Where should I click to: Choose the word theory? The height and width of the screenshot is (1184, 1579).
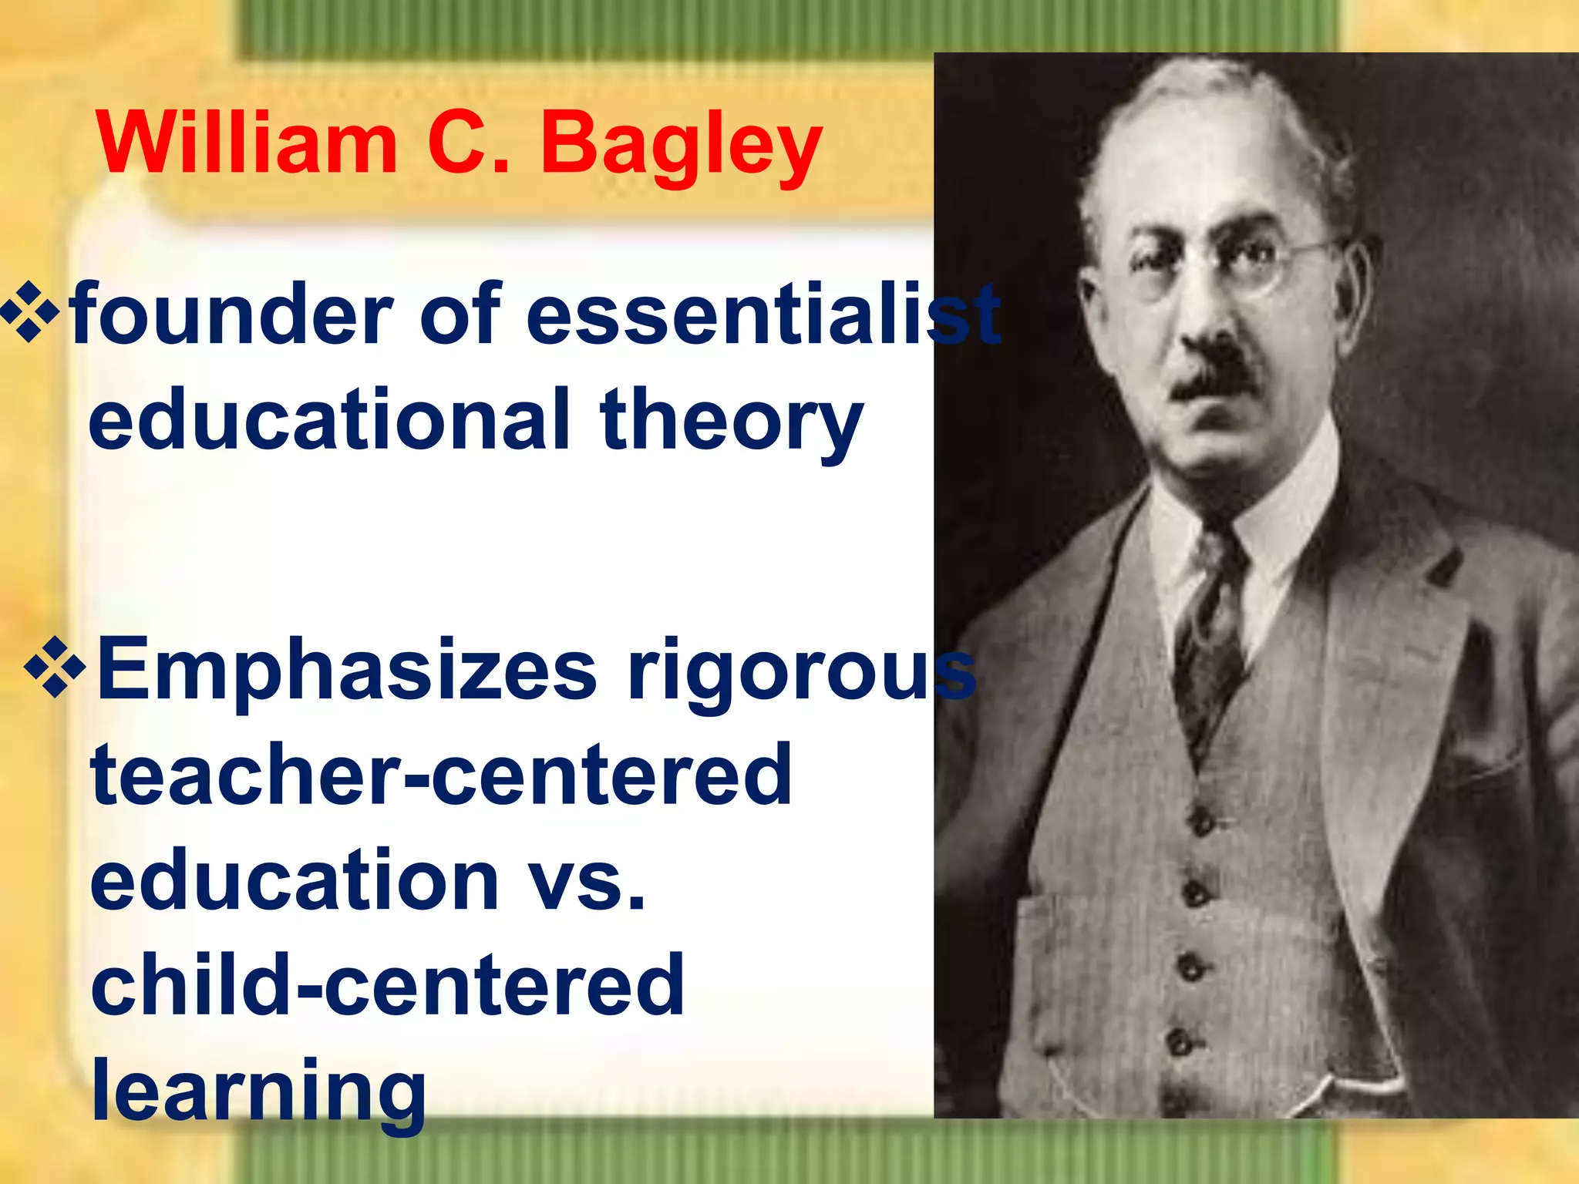click(731, 420)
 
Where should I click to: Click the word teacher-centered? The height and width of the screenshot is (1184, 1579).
click(441, 774)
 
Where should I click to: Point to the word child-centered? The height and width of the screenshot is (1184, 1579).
click(387, 985)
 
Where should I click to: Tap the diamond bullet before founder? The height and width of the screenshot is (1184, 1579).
click(31, 312)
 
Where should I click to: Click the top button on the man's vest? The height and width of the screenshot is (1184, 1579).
click(1200, 822)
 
